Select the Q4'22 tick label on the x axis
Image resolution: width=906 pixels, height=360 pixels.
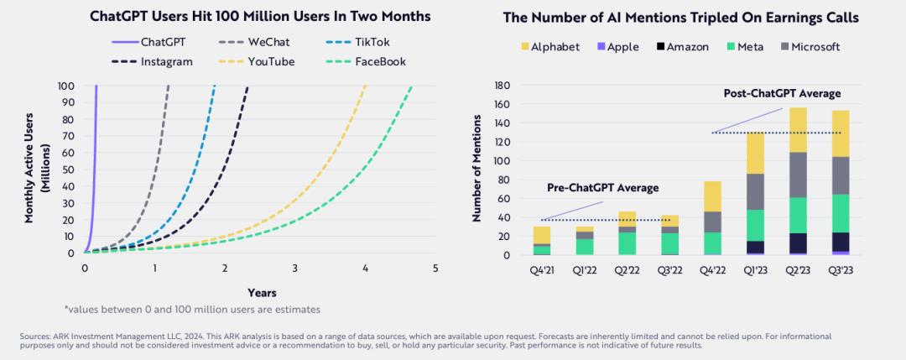(713, 271)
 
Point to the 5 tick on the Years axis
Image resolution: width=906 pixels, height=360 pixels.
(435, 268)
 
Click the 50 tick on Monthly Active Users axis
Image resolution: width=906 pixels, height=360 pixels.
(65, 169)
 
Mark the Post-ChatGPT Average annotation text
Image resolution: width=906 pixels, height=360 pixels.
(782, 93)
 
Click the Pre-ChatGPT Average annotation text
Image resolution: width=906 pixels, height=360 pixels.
(602, 187)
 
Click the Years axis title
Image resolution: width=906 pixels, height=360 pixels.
(263, 292)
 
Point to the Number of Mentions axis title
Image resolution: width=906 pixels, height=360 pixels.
(476, 170)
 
